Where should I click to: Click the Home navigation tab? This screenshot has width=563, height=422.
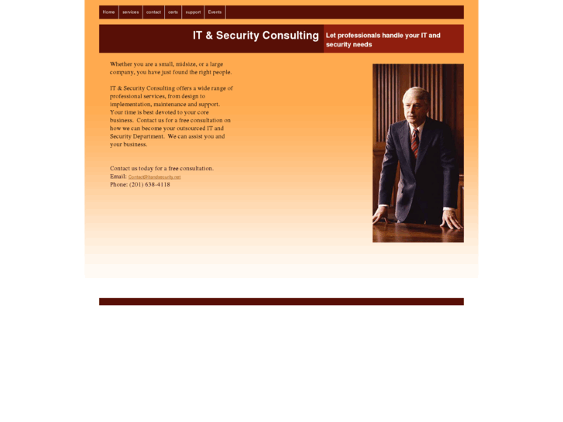108,12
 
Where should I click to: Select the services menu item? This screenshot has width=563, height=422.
130,12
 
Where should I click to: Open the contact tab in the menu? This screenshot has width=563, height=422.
153,12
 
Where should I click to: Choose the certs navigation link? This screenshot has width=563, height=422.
173,12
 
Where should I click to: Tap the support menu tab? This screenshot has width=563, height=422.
193,12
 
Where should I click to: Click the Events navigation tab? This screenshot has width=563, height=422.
215,12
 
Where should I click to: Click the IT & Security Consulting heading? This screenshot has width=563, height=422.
256,36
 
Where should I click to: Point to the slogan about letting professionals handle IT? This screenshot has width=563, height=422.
383,39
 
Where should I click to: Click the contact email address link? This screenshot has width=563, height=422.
154,177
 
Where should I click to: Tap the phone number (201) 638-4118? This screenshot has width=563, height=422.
149,184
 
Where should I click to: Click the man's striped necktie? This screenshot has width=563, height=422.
414,141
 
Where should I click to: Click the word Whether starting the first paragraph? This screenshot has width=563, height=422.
122,64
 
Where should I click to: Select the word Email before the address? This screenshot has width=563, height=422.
118,177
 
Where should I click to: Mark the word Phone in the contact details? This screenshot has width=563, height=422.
118,184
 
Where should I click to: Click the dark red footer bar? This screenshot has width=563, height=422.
281,302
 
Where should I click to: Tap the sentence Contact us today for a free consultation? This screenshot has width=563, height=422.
161,168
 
